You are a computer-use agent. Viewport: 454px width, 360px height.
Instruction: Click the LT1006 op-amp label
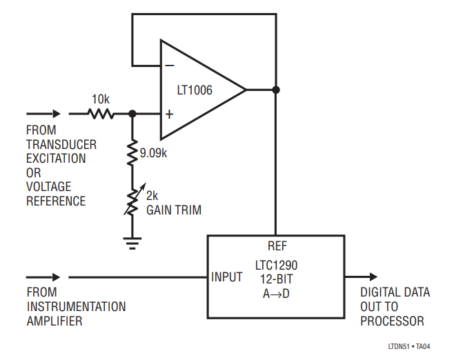pos(194,90)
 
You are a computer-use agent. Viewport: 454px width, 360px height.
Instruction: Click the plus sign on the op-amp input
pos(169,114)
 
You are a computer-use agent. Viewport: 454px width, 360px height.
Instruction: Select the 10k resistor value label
pos(101,99)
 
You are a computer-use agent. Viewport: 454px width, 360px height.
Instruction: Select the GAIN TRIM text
pos(174,210)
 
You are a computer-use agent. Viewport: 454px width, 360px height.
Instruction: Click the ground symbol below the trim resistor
pos(133,241)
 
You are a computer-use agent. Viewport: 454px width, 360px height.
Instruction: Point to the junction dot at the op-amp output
pos(275,90)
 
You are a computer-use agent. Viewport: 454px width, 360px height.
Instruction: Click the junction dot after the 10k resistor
pos(133,114)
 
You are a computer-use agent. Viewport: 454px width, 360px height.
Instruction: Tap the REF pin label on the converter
pos(276,245)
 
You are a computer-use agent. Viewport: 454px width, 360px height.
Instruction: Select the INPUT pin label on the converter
pos(226,277)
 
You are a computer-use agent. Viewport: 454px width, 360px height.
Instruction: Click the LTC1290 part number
pos(276,265)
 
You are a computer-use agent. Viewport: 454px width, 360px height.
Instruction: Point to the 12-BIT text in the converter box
pos(276,279)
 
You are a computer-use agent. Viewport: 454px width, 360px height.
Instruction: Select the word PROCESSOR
pos(392,321)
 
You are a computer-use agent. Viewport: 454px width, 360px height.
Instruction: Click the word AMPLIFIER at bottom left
pos(55,321)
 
